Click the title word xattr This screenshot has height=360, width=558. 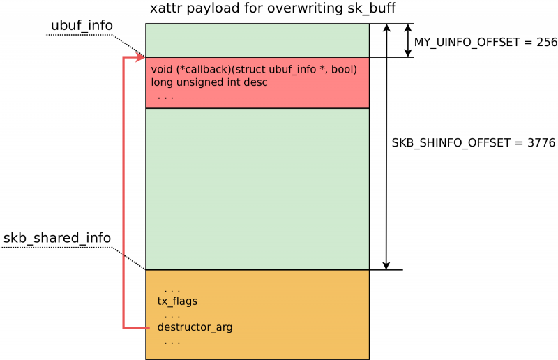[x=166, y=8]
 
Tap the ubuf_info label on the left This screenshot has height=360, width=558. [x=82, y=25]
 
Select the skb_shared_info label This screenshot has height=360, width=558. [x=57, y=237]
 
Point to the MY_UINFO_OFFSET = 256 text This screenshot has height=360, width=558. [x=485, y=42]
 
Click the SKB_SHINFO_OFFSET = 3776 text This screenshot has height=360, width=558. [x=474, y=143]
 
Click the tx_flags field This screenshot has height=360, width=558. [x=177, y=301]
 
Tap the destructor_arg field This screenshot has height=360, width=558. [x=195, y=327]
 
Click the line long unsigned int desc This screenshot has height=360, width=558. [x=209, y=82]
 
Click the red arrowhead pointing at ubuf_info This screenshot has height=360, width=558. [x=140, y=57]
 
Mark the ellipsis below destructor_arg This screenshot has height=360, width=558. [x=172, y=343]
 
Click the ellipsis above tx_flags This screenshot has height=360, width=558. [x=172, y=292]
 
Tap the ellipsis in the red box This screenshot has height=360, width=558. [x=165, y=98]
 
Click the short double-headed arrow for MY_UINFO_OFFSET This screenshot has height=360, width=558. [x=408, y=40]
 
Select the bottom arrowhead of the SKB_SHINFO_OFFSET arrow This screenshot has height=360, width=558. [x=386, y=265]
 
